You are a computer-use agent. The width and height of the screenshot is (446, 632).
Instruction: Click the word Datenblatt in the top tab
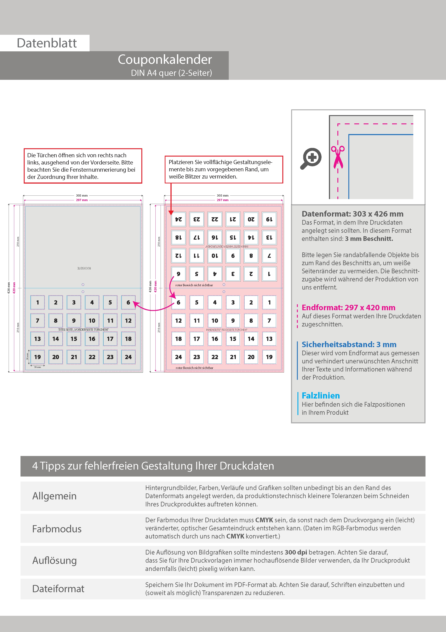47,43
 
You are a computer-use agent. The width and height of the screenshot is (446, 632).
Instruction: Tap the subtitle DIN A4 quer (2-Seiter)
171,73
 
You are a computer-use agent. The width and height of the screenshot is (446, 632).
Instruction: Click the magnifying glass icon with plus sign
311,158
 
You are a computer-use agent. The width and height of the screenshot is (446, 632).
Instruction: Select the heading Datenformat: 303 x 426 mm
352,214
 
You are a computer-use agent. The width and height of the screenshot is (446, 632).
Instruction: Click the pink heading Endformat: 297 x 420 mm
348,308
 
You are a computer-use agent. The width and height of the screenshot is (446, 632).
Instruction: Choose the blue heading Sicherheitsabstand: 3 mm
349,344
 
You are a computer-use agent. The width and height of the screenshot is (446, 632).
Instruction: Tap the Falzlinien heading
320,396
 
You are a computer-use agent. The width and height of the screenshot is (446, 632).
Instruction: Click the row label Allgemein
54,496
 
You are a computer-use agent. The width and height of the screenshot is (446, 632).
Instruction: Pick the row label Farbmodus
57,529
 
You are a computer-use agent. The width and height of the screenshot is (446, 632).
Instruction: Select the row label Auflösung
54,560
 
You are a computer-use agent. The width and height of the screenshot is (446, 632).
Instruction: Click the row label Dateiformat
58,589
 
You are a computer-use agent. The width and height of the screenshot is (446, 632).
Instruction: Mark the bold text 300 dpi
296,552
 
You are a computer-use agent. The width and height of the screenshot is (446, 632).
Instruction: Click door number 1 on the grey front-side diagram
38,302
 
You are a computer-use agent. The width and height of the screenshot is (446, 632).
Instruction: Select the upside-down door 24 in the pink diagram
178,219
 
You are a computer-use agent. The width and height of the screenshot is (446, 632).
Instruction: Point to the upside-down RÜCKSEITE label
84,268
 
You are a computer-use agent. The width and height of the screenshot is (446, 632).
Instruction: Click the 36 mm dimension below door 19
37,367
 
